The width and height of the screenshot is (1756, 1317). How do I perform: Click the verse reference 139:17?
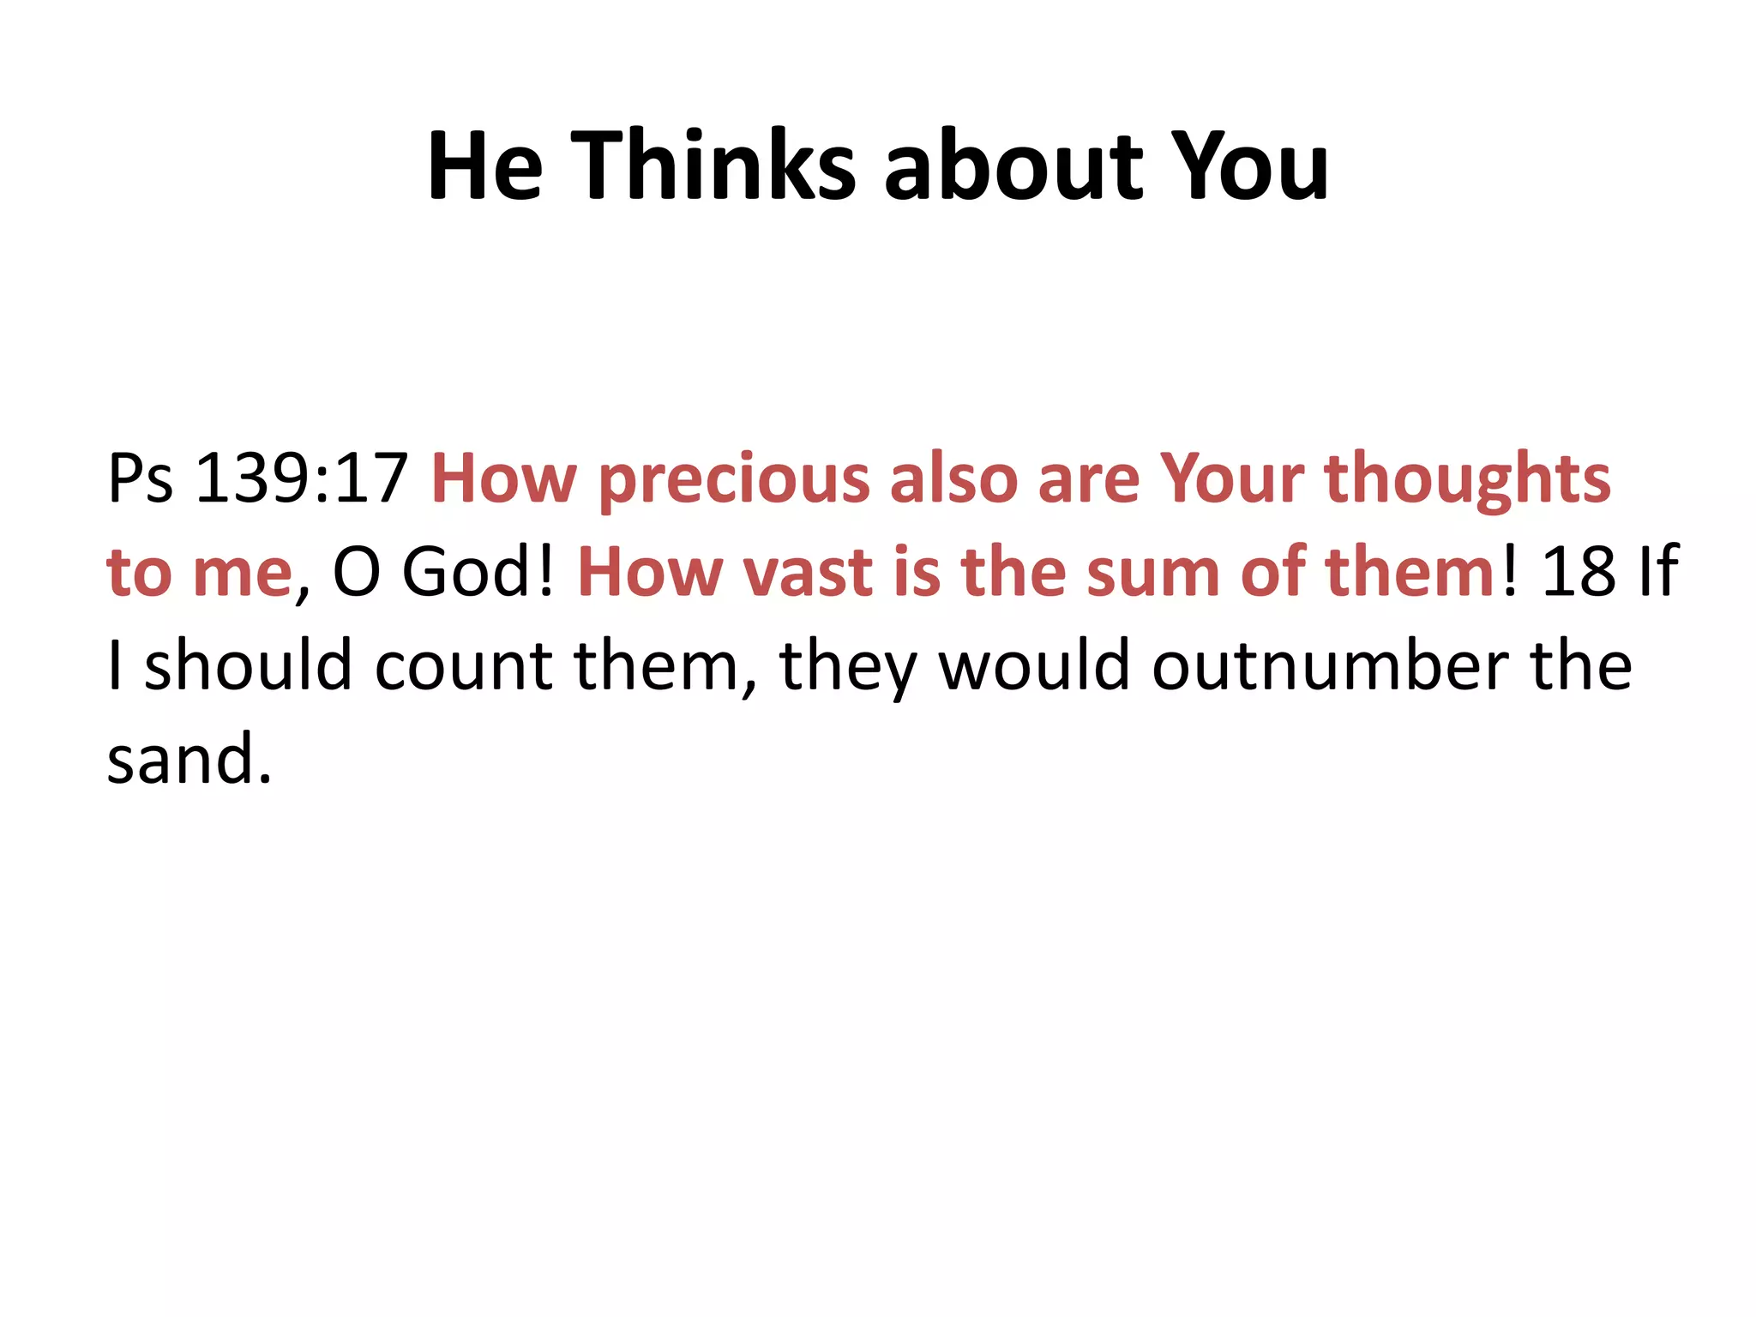[301, 478]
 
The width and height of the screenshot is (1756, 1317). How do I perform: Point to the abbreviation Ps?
[140, 478]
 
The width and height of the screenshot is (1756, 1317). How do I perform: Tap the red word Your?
[1231, 478]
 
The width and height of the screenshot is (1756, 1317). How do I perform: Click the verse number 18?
[1579, 572]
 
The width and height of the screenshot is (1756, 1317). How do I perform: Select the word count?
[464, 666]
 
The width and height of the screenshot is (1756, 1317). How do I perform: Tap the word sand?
[189, 760]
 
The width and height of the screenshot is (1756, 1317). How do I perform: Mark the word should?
[248, 666]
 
